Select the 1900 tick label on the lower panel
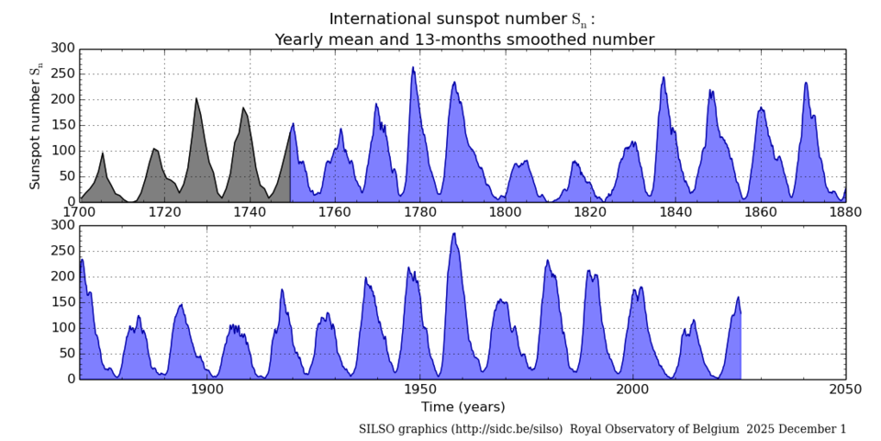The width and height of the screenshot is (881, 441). tap(207, 390)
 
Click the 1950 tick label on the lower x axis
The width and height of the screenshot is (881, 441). tap(420, 390)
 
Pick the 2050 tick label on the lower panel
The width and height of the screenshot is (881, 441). tap(845, 390)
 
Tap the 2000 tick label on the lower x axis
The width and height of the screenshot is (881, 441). tap(632, 390)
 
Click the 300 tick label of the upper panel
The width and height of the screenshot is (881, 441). tap(62, 48)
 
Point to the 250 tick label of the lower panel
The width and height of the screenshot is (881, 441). tap(62, 250)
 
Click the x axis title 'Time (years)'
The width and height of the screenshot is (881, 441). tap(463, 406)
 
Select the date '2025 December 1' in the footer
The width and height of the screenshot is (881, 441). tap(797, 429)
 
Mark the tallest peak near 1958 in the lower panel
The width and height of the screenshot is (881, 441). tap(454, 233)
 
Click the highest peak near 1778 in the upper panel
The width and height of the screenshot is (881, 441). tap(413, 67)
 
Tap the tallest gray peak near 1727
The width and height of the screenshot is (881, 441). tap(195, 98)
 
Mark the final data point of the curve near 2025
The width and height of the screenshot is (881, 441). tap(741, 313)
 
